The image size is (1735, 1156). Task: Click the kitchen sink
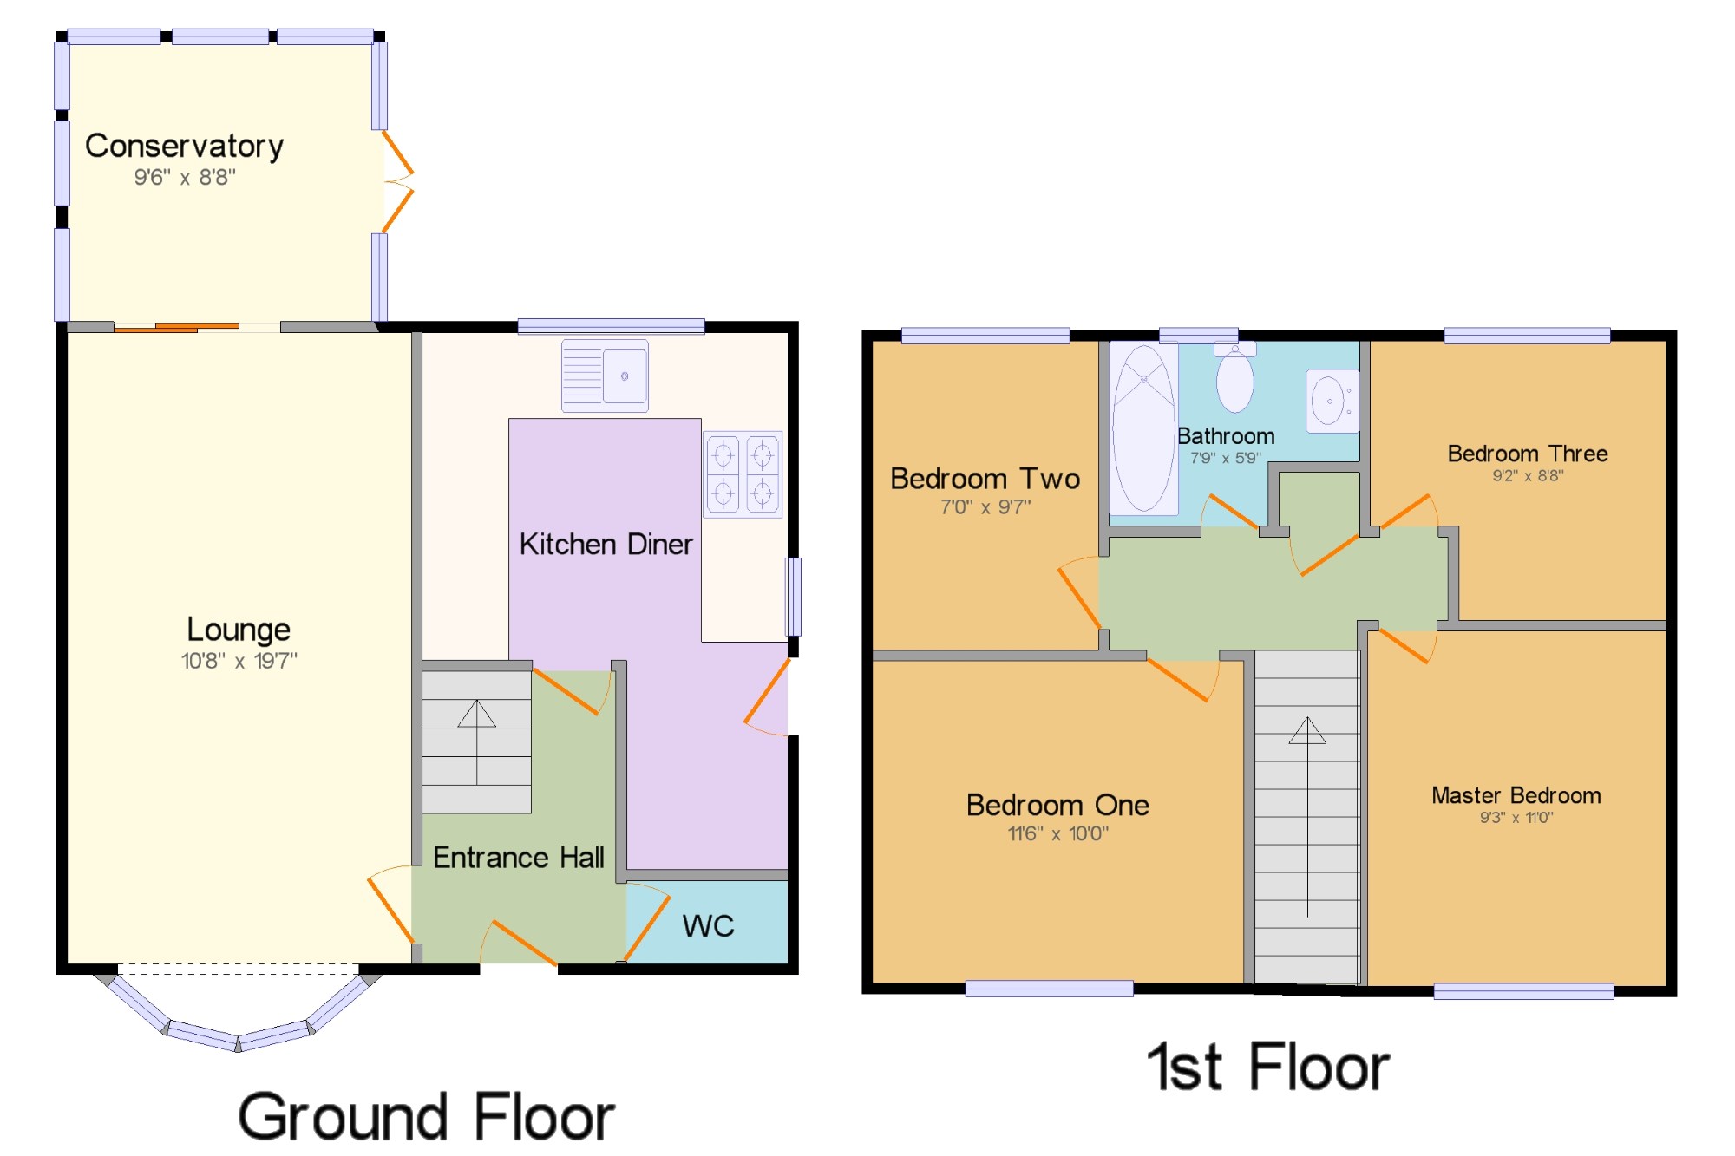605,376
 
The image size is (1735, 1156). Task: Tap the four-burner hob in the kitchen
743,474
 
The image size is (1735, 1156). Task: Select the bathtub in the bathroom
1143,428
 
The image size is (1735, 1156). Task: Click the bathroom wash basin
1332,401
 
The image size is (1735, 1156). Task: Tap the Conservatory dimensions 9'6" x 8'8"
185,178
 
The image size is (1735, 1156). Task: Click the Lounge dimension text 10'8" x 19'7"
239,661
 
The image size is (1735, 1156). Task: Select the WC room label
708,926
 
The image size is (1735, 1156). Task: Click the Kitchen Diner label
606,545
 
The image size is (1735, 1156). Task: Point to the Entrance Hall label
519,858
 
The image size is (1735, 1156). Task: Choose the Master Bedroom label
1516,795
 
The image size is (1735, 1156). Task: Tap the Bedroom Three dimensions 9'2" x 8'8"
1528,475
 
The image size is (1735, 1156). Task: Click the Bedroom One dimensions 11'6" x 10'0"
1057,833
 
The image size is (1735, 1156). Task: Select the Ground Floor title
427,1117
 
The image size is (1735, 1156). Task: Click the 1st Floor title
1268,1067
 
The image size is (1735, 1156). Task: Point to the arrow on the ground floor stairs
476,715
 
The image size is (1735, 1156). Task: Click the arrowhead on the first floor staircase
1307,730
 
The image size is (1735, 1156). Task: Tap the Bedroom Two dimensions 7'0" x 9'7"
985,506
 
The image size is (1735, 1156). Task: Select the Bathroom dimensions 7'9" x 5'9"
1225,458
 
